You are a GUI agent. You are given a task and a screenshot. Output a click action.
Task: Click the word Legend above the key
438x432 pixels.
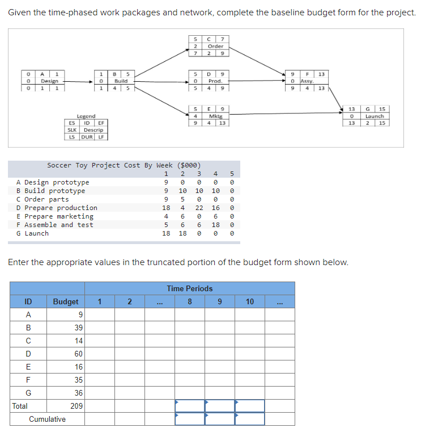pyautogui.click(x=86, y=116)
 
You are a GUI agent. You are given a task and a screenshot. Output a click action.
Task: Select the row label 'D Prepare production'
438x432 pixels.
pyautogui.click(x=57, y=208)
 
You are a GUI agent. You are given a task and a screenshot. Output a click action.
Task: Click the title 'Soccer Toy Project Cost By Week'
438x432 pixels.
pyautogui.click(x=124, y=165)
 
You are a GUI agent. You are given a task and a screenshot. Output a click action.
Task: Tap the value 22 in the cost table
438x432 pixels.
pyautogui.click(x=199, y=208)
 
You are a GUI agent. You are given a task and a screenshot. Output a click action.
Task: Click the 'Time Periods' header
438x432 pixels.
pyautogui.click(x=190, y=288)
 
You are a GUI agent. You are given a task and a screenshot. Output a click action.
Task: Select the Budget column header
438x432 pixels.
pyautogui.click(x=66, y=301)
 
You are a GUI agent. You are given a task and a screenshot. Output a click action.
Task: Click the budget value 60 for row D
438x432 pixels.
pyautogui.click(x=78, y=354)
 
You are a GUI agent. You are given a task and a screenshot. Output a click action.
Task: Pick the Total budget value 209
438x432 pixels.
pyautogui.click(x=76, y=406)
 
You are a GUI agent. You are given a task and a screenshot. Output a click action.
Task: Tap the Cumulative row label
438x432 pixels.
pyautogui.click(x=48, y=419)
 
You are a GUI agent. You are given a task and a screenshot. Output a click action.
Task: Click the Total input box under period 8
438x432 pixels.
pyautogui.click(x=190, y=406)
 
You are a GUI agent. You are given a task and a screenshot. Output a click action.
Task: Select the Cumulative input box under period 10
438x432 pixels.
pyautogui.click(x=250, y=419)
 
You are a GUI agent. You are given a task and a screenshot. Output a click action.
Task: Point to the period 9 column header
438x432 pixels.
pyautogui.click(x=220, y=301)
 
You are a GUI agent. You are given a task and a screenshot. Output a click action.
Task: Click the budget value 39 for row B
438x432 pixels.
pyautogui.click(x=78, y=328)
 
